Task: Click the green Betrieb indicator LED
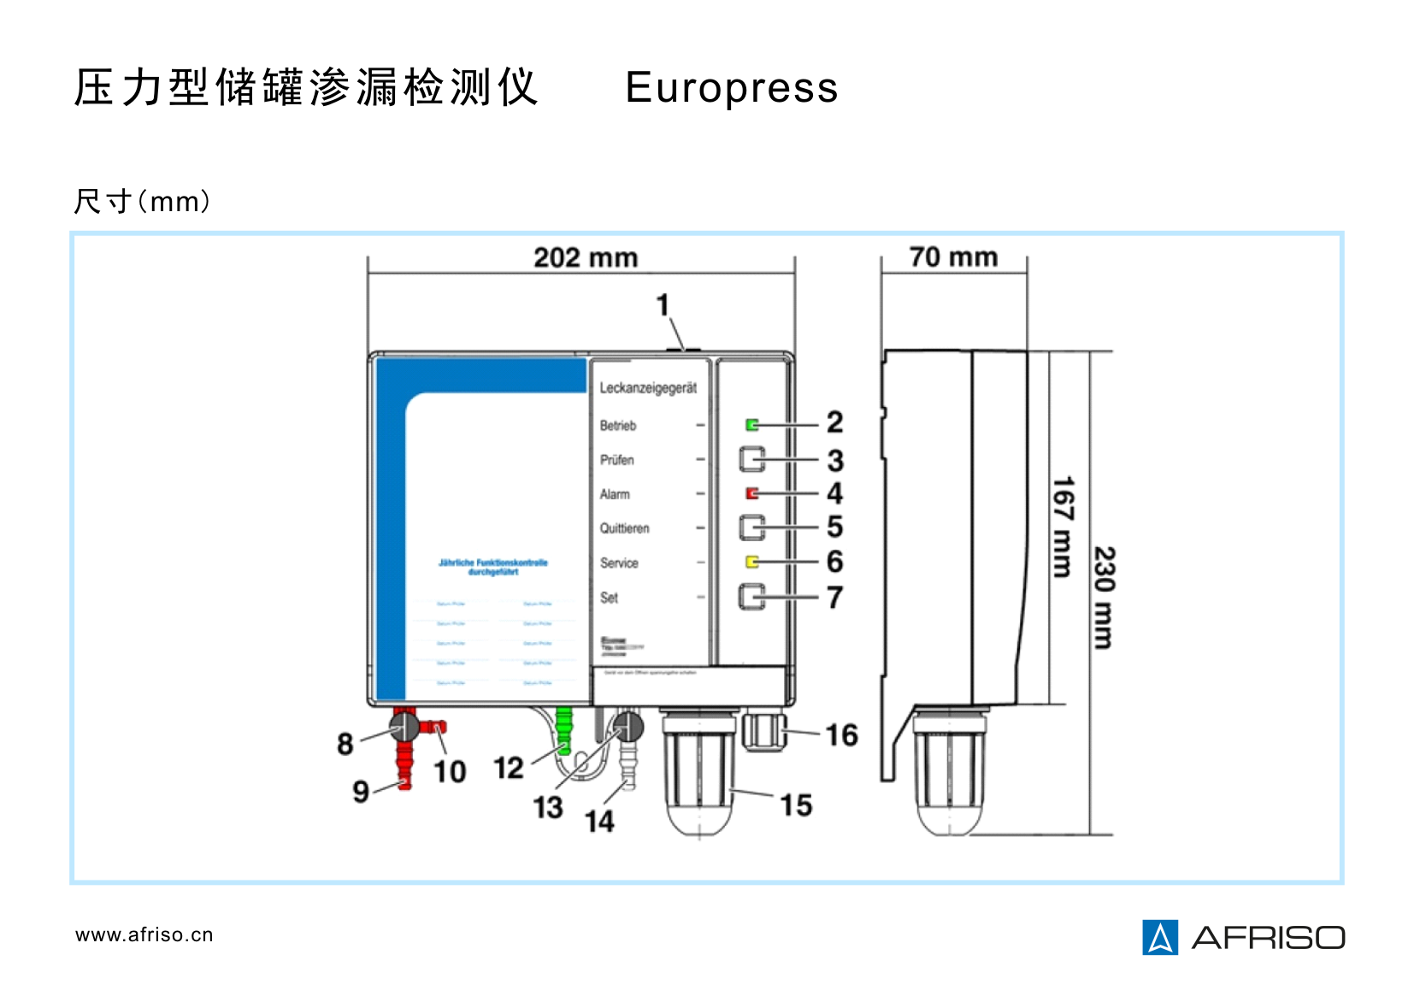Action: (752, 425)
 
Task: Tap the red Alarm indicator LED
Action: (752, 493)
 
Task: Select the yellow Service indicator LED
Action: (752, 562)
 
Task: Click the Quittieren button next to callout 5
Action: (752, 527)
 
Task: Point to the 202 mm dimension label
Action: (586, 257)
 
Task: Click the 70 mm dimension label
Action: (953, 256)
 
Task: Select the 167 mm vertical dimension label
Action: (1062, 527)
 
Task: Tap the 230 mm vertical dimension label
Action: (1105, 598)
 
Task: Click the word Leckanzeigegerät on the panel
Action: (648, 388)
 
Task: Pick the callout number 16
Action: (841, 734)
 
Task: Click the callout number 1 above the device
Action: (663, 304)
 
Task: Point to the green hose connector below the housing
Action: (563, 730)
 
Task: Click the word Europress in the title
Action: (732, 88)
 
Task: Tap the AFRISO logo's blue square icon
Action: (1160, 937)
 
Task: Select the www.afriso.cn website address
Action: (144, 934)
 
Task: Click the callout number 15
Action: (796, 804)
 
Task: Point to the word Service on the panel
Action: (619, 563)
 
